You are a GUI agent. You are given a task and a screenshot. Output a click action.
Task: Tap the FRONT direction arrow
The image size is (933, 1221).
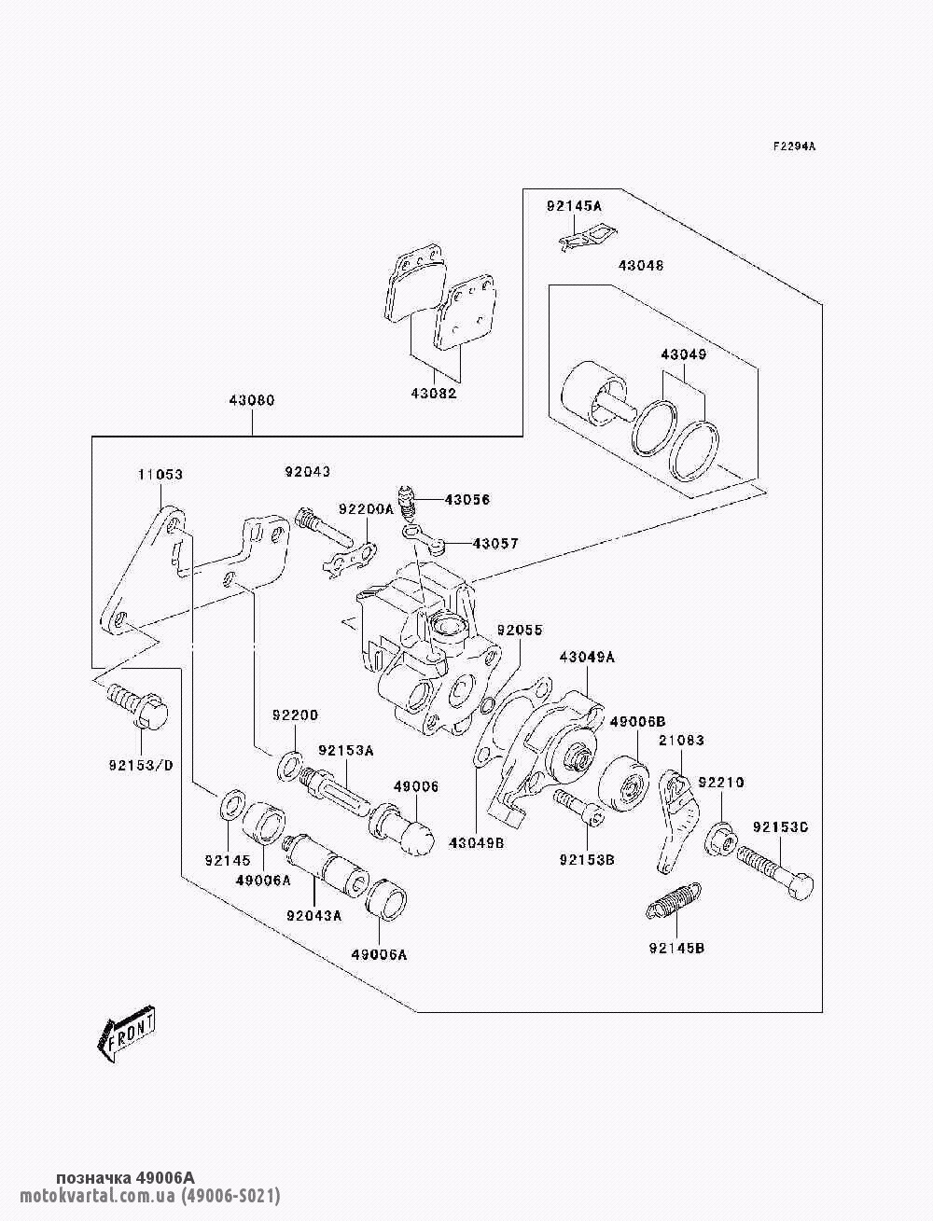127,1034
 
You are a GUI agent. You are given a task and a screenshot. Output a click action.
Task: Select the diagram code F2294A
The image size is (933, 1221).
794,146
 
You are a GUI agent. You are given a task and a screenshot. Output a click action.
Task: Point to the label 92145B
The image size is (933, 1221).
676,949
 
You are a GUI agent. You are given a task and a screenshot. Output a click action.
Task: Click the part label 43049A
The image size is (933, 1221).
587,657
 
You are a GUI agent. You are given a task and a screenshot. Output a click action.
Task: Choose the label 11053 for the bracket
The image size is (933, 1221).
161,475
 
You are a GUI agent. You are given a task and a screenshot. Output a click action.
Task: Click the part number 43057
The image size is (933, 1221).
495,543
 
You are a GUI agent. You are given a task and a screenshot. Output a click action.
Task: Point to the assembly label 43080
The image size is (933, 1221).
252,400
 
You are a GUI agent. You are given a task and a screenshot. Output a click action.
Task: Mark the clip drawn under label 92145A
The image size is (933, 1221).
586,239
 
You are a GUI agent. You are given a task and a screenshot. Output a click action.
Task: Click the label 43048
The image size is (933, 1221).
641,266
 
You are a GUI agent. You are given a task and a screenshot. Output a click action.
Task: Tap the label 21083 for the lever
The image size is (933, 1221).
681,741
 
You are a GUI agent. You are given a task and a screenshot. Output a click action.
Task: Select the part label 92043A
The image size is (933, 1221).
314,915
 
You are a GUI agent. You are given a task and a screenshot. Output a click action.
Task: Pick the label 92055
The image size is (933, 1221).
519,631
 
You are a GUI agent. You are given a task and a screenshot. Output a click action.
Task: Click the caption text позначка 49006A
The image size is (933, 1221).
125,1178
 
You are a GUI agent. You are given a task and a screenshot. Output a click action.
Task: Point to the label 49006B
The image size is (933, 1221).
637,721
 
